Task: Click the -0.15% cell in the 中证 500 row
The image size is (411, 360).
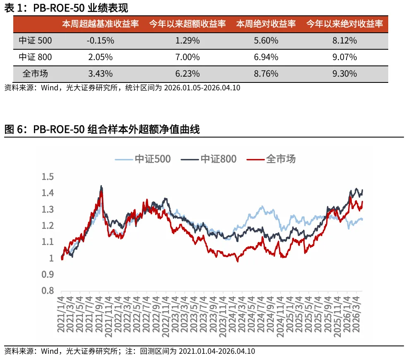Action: (100, 41)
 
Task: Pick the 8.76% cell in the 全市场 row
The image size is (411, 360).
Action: (266, 74)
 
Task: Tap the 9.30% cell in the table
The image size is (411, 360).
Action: (344, 74)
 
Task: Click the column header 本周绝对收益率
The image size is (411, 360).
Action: (266, 24)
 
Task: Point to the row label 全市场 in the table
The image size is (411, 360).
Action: (35, 74)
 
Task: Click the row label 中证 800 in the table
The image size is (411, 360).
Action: (35, 57)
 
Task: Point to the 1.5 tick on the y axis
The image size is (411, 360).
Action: (48, 177)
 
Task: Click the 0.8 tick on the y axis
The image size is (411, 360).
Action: (48, 291)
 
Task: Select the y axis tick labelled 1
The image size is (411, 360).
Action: (51, 259)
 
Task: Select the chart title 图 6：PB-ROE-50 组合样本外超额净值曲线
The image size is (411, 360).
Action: (102, 130)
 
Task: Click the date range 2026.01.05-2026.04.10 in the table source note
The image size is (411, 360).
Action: (202, 88)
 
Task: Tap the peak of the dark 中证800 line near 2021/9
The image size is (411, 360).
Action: (101, 186)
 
